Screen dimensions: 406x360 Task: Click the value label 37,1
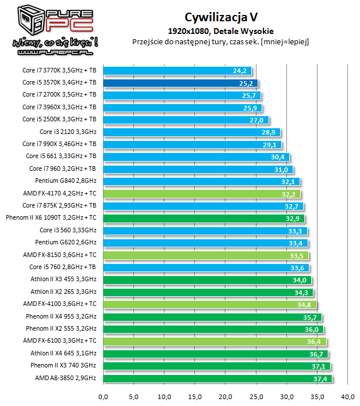click(320, 366)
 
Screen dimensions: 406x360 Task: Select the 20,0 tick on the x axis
click(226, 396)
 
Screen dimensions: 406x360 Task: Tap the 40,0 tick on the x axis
click(348, 396)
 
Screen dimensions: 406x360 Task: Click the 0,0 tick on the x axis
click(104, 396)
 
